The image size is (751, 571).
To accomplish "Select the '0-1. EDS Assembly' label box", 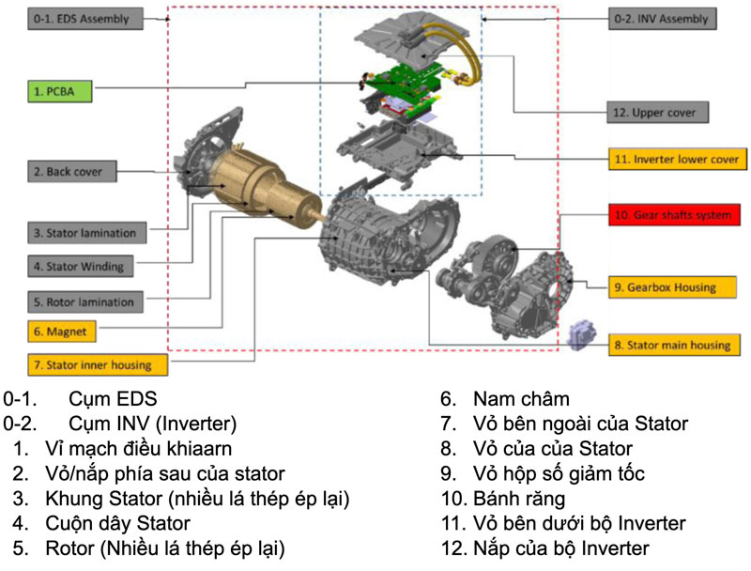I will pos(85,18).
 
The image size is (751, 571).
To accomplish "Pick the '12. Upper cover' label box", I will pos(658,113).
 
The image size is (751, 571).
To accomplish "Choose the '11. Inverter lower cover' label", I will pos(677,160).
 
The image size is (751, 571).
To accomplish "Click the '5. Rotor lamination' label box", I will pos(85,301).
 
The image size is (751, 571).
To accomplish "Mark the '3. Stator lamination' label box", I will pos(85,232).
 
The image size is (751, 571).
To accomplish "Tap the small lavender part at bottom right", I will pos(582,335).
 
